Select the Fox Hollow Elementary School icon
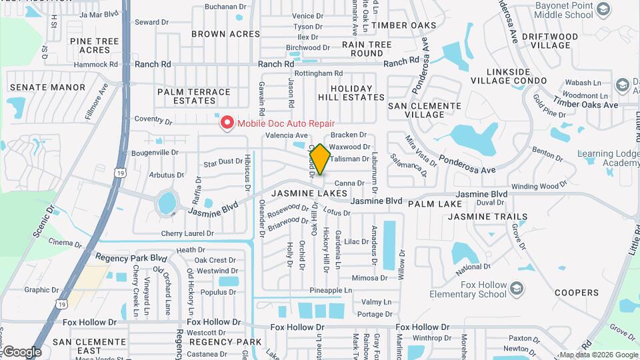click(x=518, y=288)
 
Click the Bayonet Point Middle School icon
click(x=604, y=9)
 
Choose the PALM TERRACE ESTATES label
click(x=193, y=96)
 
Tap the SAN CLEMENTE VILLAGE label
click(x=425, y=110)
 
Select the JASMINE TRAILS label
click(x=487, y=217)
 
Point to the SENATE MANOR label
click(x=47, y=87)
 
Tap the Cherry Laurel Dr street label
click(x=187, y=234)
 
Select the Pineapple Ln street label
click(x=331, y=291)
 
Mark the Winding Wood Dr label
click(x=539, y=186)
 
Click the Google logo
click(x=21, y=352)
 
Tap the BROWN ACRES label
click(x=225, y=34)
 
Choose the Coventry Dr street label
click(x=153, y=121)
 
